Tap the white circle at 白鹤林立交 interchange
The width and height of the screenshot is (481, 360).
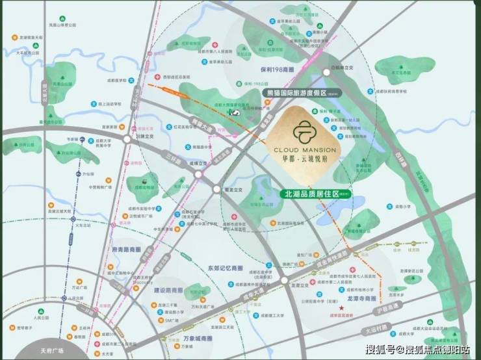[x=327, y=75]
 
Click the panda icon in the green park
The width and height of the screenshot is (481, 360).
[x=233, y=112]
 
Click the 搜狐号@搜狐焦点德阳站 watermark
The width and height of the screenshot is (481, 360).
[x=418, y=350]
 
